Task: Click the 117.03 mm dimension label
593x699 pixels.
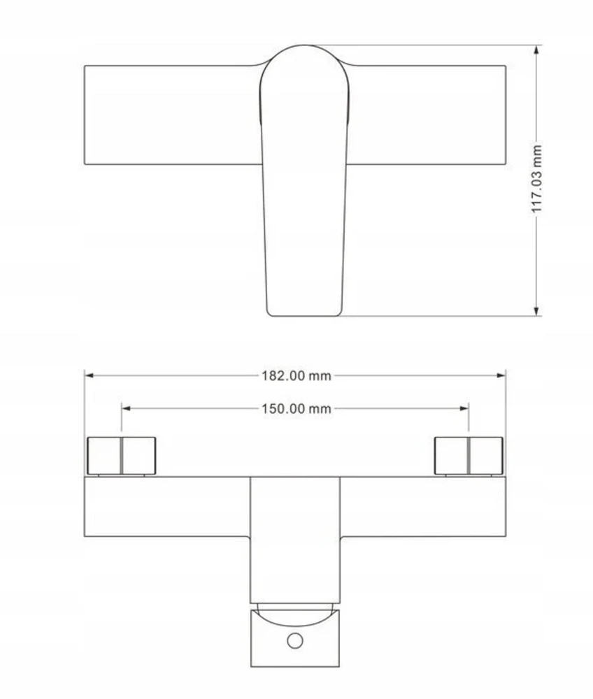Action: pyautogui.click(x=536, y=179)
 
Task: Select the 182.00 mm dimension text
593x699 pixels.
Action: pyautogui.click(x=296, y=376)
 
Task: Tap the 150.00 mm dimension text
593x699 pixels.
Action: pyautogui.click(x=296, y=408)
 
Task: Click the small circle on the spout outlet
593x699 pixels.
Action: pyautogui.click(x=295, y=640)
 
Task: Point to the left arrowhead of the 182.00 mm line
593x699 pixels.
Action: pyautogui.click(x=89, y=375)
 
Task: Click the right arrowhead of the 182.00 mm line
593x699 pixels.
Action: pyautogui.click(x=501, y=375)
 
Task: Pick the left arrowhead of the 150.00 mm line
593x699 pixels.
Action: pyautogui.click(x=126, y=408)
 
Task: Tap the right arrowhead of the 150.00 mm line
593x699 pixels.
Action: pyautogui.click(x=464, y=408)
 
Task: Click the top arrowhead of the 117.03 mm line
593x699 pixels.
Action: pyautogui.click(x=536, y=50)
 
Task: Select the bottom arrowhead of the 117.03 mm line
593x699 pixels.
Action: pyautogui.click(x=536, y=311)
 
